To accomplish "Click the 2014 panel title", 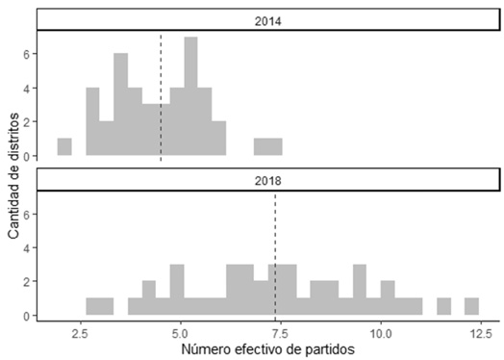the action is (x=267, y=21).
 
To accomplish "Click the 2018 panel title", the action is (x=267, y=181).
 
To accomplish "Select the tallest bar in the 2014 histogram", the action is (x=190, y=96).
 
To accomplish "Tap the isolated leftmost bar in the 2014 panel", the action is (x=64, y=146).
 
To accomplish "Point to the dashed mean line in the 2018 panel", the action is (x=275, y=255).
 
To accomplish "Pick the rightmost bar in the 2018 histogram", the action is (x=471, y=307).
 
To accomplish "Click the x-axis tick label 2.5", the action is (x=81, y=334).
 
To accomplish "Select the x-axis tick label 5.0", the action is (x=181, y=334).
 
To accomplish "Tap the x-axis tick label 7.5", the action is (x=281, y=334).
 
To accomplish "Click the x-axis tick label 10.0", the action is (x=381, y=334).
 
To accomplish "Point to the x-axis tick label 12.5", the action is (x=481, y=334).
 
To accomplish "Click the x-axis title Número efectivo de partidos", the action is (x=267, y=349).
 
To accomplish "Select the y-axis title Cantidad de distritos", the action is (x=13, y=176).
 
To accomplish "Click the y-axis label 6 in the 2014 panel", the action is (x=26, y=54).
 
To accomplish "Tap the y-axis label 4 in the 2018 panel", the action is (x=26, y=248).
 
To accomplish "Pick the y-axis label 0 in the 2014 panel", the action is (x=26, y=156).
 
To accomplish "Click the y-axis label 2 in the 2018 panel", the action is (x=26, y=281).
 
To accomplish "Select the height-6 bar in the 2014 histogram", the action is (x=120, y=105).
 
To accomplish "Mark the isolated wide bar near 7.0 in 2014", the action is (x=268, y=146).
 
